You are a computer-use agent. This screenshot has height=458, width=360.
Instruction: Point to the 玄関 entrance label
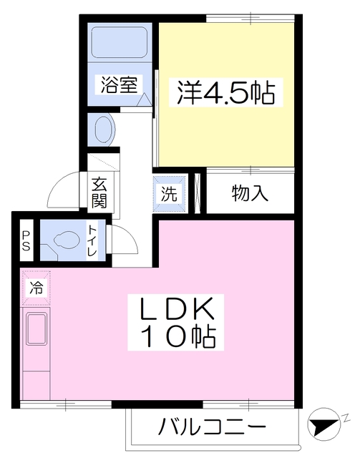[x=98, y=191]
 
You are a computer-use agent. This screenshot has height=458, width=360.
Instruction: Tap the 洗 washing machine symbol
[x=168, y=193]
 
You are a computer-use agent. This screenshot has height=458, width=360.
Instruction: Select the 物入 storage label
[x=250, y=193]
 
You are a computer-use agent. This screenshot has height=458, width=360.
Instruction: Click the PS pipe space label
[x=26, y=241]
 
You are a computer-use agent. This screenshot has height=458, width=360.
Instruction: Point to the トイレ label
[x=92, y=241]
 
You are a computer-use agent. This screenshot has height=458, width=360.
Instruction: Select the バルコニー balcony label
[x=213, y=429]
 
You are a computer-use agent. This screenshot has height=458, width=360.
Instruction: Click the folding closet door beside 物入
[x=200, y=193]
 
